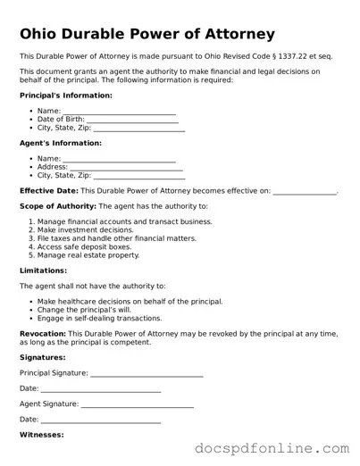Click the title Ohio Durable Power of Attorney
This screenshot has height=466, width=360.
147,35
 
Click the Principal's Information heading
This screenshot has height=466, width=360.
66,95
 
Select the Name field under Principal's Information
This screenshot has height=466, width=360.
120,112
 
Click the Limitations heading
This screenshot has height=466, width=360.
43,270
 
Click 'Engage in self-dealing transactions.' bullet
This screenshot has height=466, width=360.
100,318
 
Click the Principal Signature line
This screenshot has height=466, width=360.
147,373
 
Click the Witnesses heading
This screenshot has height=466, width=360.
41,435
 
